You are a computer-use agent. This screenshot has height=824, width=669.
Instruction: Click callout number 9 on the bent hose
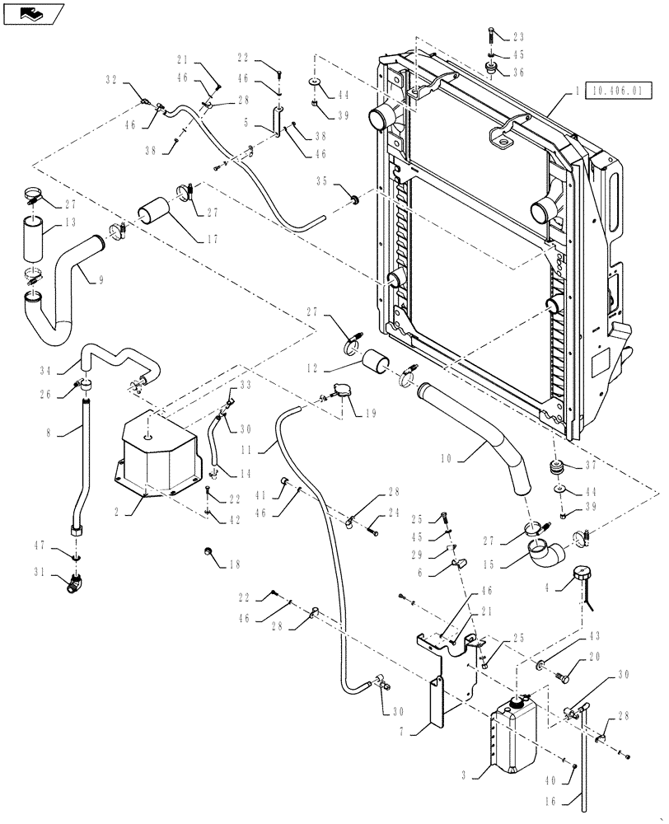click(101, 280)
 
